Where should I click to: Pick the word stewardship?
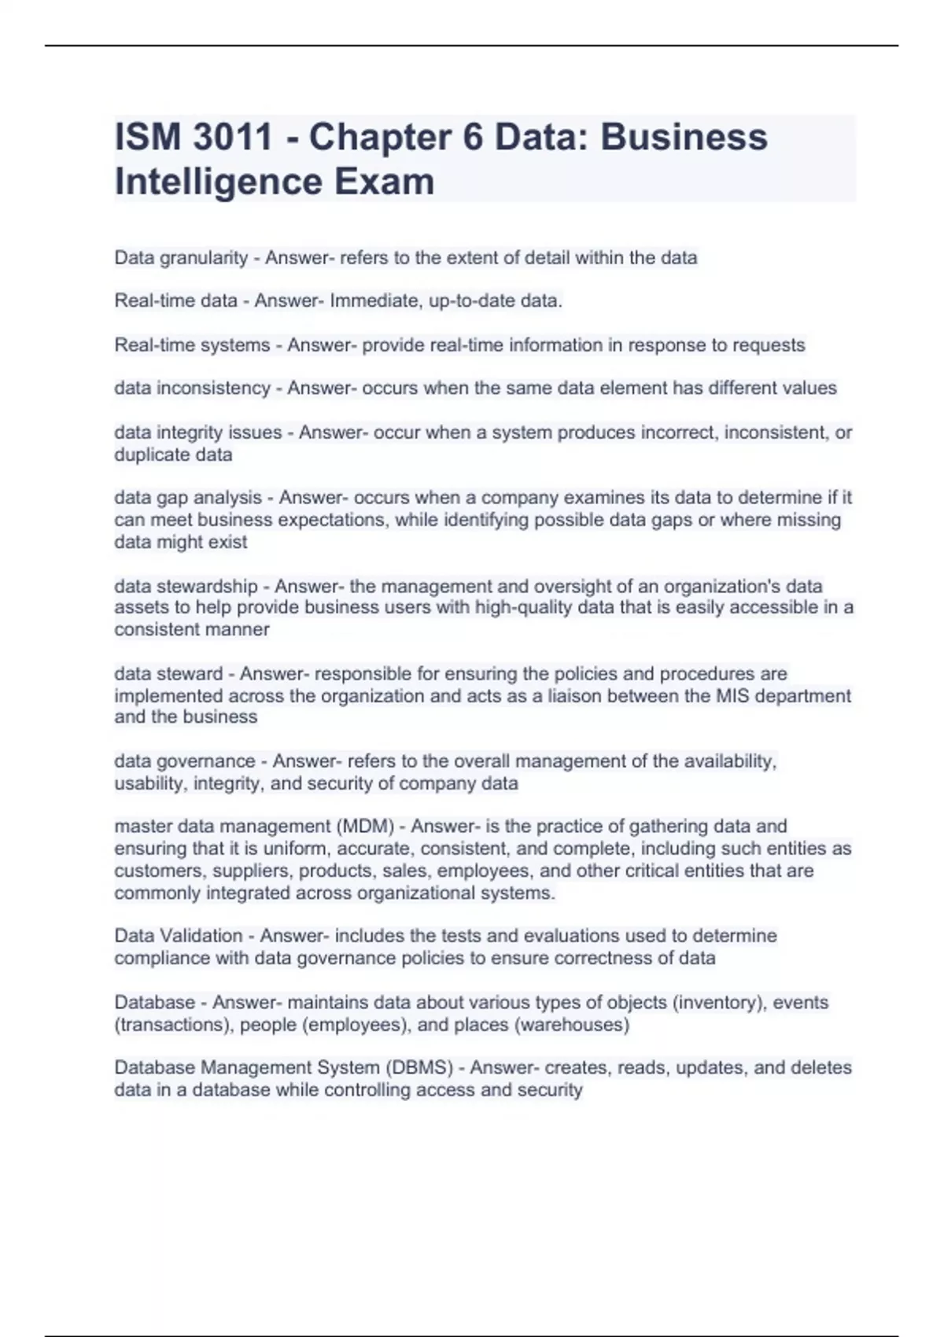pyautogui.click(x=208, y=587)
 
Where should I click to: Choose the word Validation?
pyautogui.click(x=201, y=936)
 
